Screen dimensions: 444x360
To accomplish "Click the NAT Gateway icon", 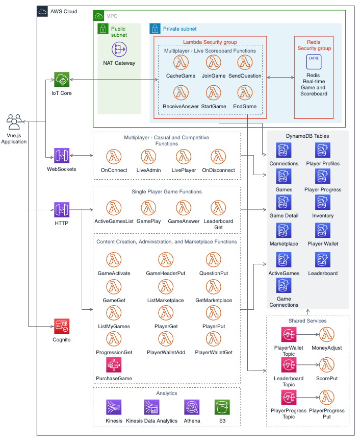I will tap(119, 50).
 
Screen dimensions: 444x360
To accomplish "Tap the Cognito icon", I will tap(62, 326).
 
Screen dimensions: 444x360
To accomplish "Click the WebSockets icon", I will tap(62, 156).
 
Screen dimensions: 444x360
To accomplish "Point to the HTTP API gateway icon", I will tap(62, 209).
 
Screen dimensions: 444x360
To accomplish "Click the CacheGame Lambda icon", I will tap(181, 63).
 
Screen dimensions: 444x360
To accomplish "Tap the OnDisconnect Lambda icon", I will tap(218, 157).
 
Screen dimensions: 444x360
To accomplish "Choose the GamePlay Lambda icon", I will tap(148, 208).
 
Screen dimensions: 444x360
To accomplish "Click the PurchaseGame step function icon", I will tap(114, 365).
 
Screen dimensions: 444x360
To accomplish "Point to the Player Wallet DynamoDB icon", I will tap(323, 231).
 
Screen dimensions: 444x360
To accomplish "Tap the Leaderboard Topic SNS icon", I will tap(289, 365).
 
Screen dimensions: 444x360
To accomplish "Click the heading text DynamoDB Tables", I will tap(307, 136).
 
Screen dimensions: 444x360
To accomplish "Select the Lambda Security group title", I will tap(210, 42).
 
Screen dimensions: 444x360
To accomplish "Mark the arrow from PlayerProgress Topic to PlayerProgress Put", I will tap(307, 397).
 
